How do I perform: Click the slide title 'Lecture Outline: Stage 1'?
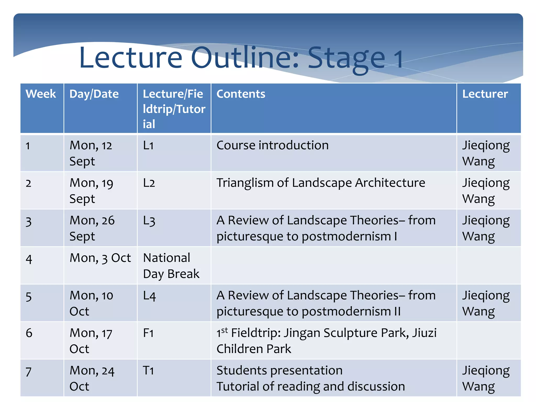(x=241, y=58)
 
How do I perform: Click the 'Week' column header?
(x=41, y=94)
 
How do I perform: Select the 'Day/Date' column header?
(x=94, y=94)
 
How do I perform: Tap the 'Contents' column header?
(x=241, y=94)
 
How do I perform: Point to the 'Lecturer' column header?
(x=485, y=94)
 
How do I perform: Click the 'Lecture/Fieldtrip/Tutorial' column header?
(x=174, y=109)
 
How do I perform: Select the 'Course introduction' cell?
(x=272, y=146)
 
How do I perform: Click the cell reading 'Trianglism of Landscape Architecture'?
(x=321, y=183)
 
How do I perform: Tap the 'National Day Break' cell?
(x=171, y=266)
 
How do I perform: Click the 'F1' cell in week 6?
(x=148, y=333)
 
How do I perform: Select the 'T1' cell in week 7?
(x=148, y=371)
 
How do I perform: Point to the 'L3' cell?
(x=149, y=221)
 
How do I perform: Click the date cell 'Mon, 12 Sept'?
(x=91, y=153)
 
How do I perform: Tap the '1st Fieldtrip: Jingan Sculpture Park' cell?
(x=326, y=340)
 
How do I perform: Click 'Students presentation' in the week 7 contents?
(x=279, y=371)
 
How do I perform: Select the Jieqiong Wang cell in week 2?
(x=486, y=191)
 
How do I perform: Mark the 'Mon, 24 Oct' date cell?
(x=92, y=378)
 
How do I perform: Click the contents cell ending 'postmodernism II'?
(x=326, y=303)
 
